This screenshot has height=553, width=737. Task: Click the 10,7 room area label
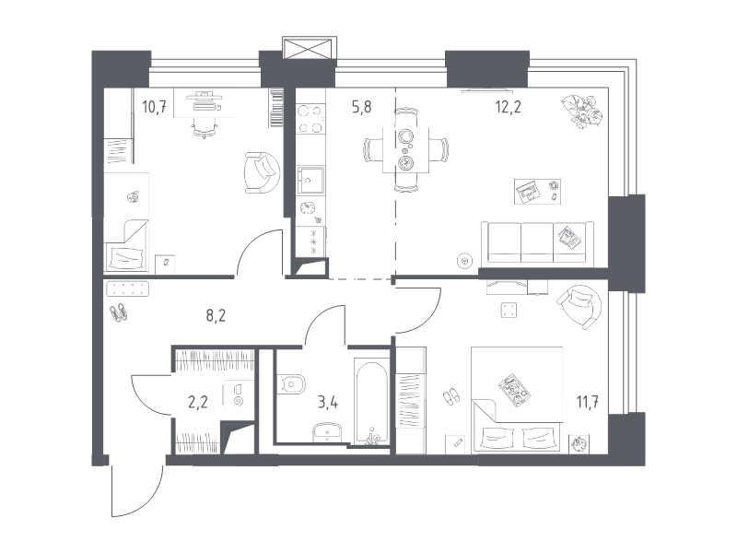(x=154, y=108)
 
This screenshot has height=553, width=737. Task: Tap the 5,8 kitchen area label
(x=361, y=107)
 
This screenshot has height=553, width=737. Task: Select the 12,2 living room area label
(x=508, y=107)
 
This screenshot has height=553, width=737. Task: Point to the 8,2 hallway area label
(x=216, y=315)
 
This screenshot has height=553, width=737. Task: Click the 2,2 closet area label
(x=197, y=403)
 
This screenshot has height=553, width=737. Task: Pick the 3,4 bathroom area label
(x=328, y=403)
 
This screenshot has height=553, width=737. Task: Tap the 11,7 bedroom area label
(x=588, y=403)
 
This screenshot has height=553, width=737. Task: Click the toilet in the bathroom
(x=290, y=383)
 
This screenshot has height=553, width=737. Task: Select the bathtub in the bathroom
(x=372, y=403)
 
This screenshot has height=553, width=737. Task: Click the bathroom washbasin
(x=328, y=430)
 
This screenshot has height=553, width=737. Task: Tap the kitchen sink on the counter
(x=310, y=180)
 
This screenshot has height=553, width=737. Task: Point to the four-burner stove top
(x=310, y=119)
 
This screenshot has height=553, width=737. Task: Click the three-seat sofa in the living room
(x=537, y=241)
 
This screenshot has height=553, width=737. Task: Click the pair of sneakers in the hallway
(x=119, y=312)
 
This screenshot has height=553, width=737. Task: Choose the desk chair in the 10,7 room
(x=205, y=126)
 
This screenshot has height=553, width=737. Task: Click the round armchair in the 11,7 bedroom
(x=579, y=307)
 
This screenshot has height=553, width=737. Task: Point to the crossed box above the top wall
(x=310, y=49)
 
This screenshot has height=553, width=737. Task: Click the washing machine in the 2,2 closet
(x=239, y=394)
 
